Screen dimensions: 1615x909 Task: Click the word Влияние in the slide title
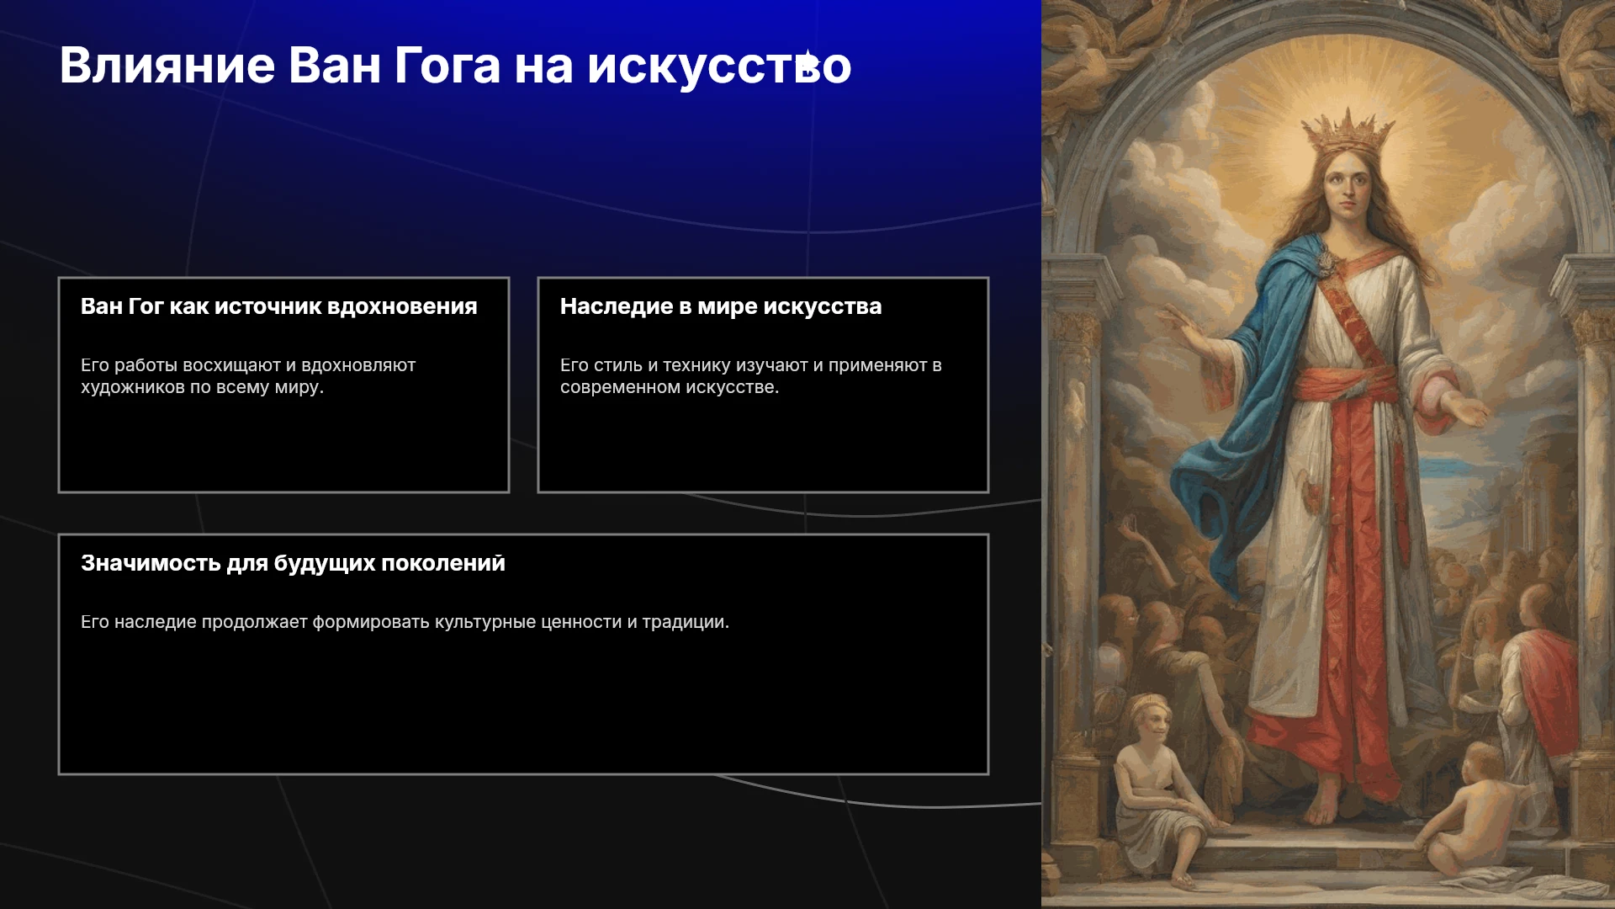167,65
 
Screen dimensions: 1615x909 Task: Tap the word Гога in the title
447,65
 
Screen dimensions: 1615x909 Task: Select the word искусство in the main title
719,66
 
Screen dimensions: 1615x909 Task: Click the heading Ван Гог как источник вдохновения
278,306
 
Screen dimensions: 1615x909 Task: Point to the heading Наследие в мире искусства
721,306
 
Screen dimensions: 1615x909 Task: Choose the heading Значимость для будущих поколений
293,563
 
